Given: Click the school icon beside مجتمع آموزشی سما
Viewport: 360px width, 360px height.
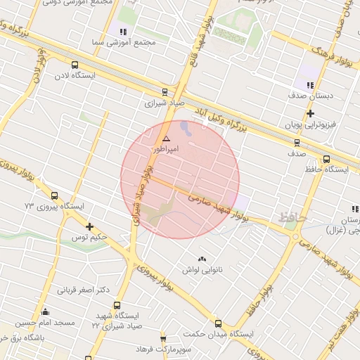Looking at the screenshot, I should click(x=124, y=32).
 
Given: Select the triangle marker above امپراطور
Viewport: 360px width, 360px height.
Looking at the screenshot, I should click(x=166, y=139).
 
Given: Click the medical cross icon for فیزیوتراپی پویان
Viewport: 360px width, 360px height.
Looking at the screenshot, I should click(x=309, y=112).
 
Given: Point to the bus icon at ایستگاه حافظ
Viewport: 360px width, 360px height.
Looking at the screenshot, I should click(x=326, y=159).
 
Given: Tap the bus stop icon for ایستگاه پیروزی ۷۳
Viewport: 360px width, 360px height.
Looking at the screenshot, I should click(x=55, y=196).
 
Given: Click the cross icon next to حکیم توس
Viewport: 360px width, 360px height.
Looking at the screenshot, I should click(x=89, y=226).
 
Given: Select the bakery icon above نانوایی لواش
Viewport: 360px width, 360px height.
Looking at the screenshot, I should click(x=202, y=259).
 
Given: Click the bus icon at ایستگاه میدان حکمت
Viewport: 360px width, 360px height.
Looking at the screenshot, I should click(x=218, y=324).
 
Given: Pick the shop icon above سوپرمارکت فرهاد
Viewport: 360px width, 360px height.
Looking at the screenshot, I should click(x=163, y=339).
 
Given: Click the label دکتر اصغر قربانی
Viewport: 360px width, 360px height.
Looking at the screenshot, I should click(x=84, y=289).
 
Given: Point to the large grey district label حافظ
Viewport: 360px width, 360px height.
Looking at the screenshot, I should click(x=293, y=218).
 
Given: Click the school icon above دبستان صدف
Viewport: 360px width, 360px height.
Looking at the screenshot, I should click(x=309, y=85).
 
